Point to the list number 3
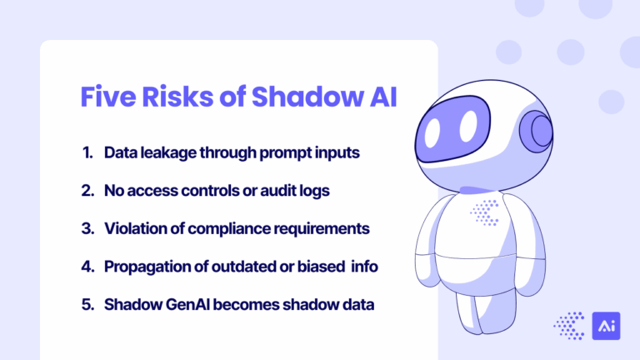click(87, 228)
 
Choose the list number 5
click(87, 304)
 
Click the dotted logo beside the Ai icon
click(570, 325)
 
